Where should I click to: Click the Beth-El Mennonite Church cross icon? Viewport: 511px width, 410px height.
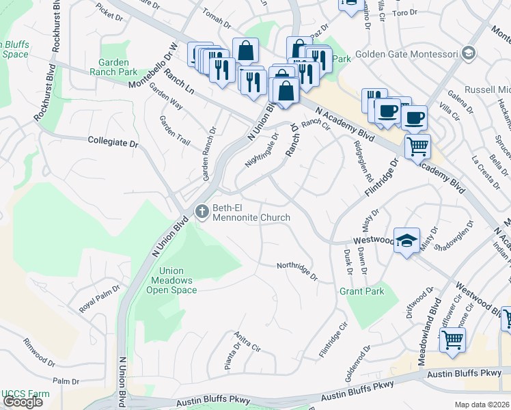point(202,212)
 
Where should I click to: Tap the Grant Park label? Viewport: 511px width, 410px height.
point(361,291)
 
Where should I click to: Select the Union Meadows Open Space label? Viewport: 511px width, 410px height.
point(171,280)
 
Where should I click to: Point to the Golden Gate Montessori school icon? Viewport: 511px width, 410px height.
point(468,53)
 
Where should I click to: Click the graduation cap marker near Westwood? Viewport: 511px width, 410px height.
point(406,241)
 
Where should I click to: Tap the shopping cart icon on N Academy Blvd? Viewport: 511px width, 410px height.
point(417,145)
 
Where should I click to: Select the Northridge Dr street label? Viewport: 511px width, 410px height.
point(297,271)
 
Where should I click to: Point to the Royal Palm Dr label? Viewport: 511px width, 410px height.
point(99,298)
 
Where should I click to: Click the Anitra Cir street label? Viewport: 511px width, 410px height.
point(247,341)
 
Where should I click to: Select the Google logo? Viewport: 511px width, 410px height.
point(22,401)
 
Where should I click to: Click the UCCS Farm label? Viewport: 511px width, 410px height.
point(25,394)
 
